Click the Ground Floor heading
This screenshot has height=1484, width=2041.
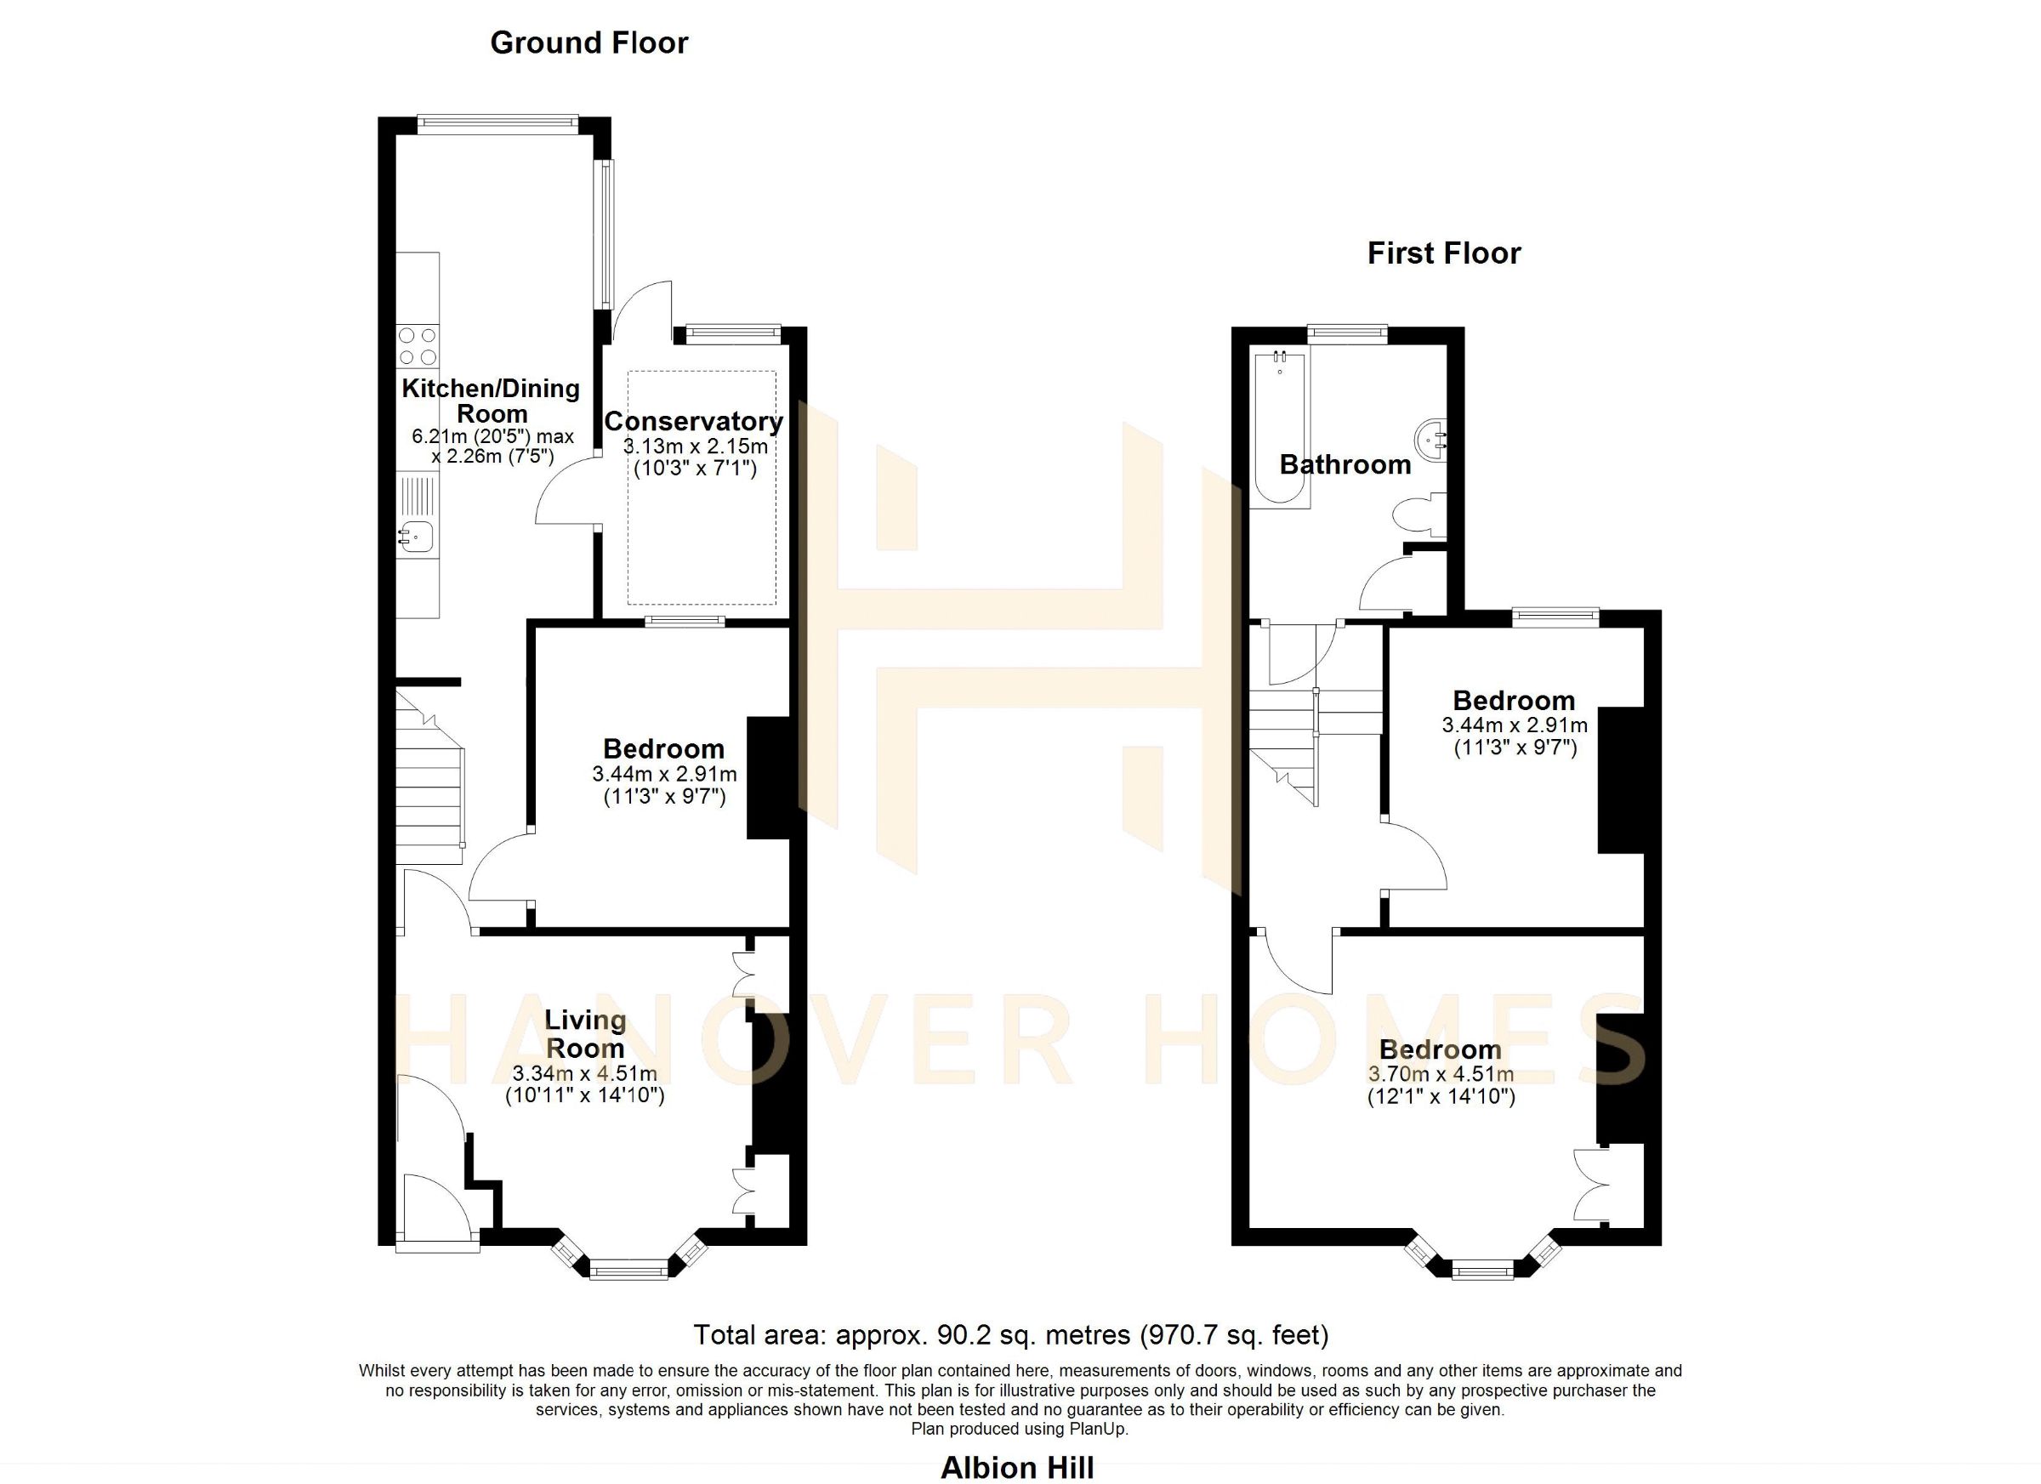tap(588, 43)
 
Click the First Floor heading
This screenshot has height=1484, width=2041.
tap(1443, 253)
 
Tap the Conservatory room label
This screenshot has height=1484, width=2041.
tap(693, 421)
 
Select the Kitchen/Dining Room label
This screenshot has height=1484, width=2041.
tap(491, 401)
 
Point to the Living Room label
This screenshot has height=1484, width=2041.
tap(585, 1034)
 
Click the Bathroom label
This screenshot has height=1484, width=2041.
tap(1345, 464)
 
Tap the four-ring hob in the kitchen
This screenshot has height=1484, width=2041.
tap(418, 346)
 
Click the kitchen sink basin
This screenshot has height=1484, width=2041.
tap(418, 537)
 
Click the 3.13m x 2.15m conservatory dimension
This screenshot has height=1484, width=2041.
tap(695, 446)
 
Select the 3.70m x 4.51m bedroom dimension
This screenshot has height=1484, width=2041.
tap(1440, 1073)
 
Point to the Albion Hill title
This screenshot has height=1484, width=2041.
tap(1017, 1468)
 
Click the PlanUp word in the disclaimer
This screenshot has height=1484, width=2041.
tap(1095, 1429)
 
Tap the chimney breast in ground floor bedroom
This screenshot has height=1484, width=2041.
tap(769, 777)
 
